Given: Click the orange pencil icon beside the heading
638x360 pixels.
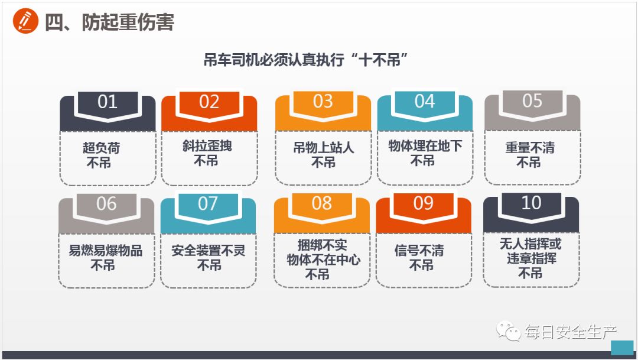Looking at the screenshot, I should (x=25, y=22).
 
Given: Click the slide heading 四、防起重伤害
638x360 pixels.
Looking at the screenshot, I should (x=110, y=22).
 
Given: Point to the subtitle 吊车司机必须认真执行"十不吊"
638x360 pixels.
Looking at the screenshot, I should (x=307, y=60).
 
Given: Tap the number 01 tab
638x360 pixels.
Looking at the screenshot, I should (x=107, y=102).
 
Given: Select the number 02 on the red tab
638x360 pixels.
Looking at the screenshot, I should (x=209, y=102).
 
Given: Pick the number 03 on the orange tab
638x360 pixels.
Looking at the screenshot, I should (x=323, y=102).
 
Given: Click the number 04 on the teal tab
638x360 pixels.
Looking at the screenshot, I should (x=424, y=102).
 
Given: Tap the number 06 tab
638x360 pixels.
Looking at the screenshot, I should (x=106, y=204).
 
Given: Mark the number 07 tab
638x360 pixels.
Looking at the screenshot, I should (x=208, y=204).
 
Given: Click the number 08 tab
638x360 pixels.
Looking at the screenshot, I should (x=322, y=204).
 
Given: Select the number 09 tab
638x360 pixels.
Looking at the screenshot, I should (x=424, y=204).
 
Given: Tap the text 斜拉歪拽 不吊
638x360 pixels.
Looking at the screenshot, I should (x=207, y=153).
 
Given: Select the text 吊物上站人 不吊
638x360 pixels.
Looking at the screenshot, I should (x=323, y=155).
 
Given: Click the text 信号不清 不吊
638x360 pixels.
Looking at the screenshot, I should (x=421, y=258).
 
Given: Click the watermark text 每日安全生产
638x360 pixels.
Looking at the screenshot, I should (x=571, y=332).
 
